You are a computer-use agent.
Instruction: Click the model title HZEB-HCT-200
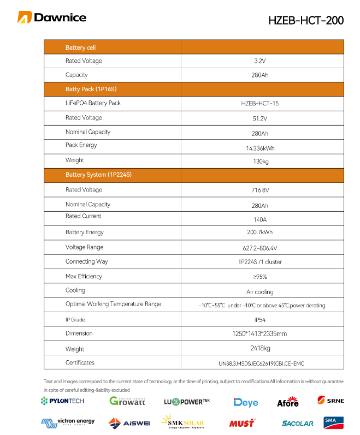pos(306,21)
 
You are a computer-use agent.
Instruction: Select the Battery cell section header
pos(80,48)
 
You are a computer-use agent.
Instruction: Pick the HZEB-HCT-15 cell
pos(260,103)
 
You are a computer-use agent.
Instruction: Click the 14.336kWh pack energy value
pos(260,147)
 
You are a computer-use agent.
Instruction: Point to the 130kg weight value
pos(261,162)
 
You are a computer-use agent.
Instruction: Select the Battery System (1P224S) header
pos(98,175)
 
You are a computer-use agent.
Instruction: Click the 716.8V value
pos(260,190)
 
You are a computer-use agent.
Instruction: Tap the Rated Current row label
pos(83,216)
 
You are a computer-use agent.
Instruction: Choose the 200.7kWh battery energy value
pos(260,233)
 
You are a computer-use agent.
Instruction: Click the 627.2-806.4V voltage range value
pos(260,248)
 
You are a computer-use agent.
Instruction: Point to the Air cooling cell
pos(260,292)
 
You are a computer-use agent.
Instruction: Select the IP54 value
pos(260,320)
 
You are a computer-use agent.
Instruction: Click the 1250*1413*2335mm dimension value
pos(260,333)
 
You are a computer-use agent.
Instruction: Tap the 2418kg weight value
pos(260,348)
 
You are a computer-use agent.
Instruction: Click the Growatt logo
pos(127,401)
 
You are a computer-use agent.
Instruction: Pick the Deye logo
pos(246,402)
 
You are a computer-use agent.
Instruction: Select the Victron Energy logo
pos(68,422)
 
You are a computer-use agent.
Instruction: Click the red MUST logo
pos(241,423)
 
